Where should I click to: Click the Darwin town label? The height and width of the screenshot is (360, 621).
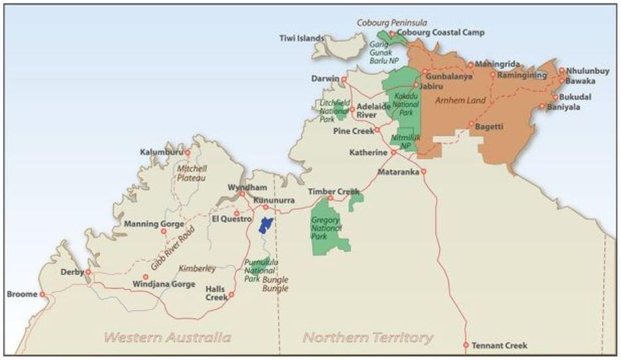tap(326, 79)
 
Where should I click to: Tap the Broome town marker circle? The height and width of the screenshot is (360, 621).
tap(42, 295)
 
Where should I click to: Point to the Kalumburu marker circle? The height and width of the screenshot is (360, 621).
tap(188, 152)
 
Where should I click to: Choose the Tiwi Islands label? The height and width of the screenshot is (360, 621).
tap(301, 38)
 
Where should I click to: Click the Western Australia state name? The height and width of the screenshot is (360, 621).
tap(168, 338)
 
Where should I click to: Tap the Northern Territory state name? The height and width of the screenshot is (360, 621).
tap(367, 338)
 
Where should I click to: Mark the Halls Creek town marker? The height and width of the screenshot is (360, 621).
tap(231, 295)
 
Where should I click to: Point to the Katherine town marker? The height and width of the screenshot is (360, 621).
tap(394, 152)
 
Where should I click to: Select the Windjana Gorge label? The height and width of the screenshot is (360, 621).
tap(165, 285)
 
